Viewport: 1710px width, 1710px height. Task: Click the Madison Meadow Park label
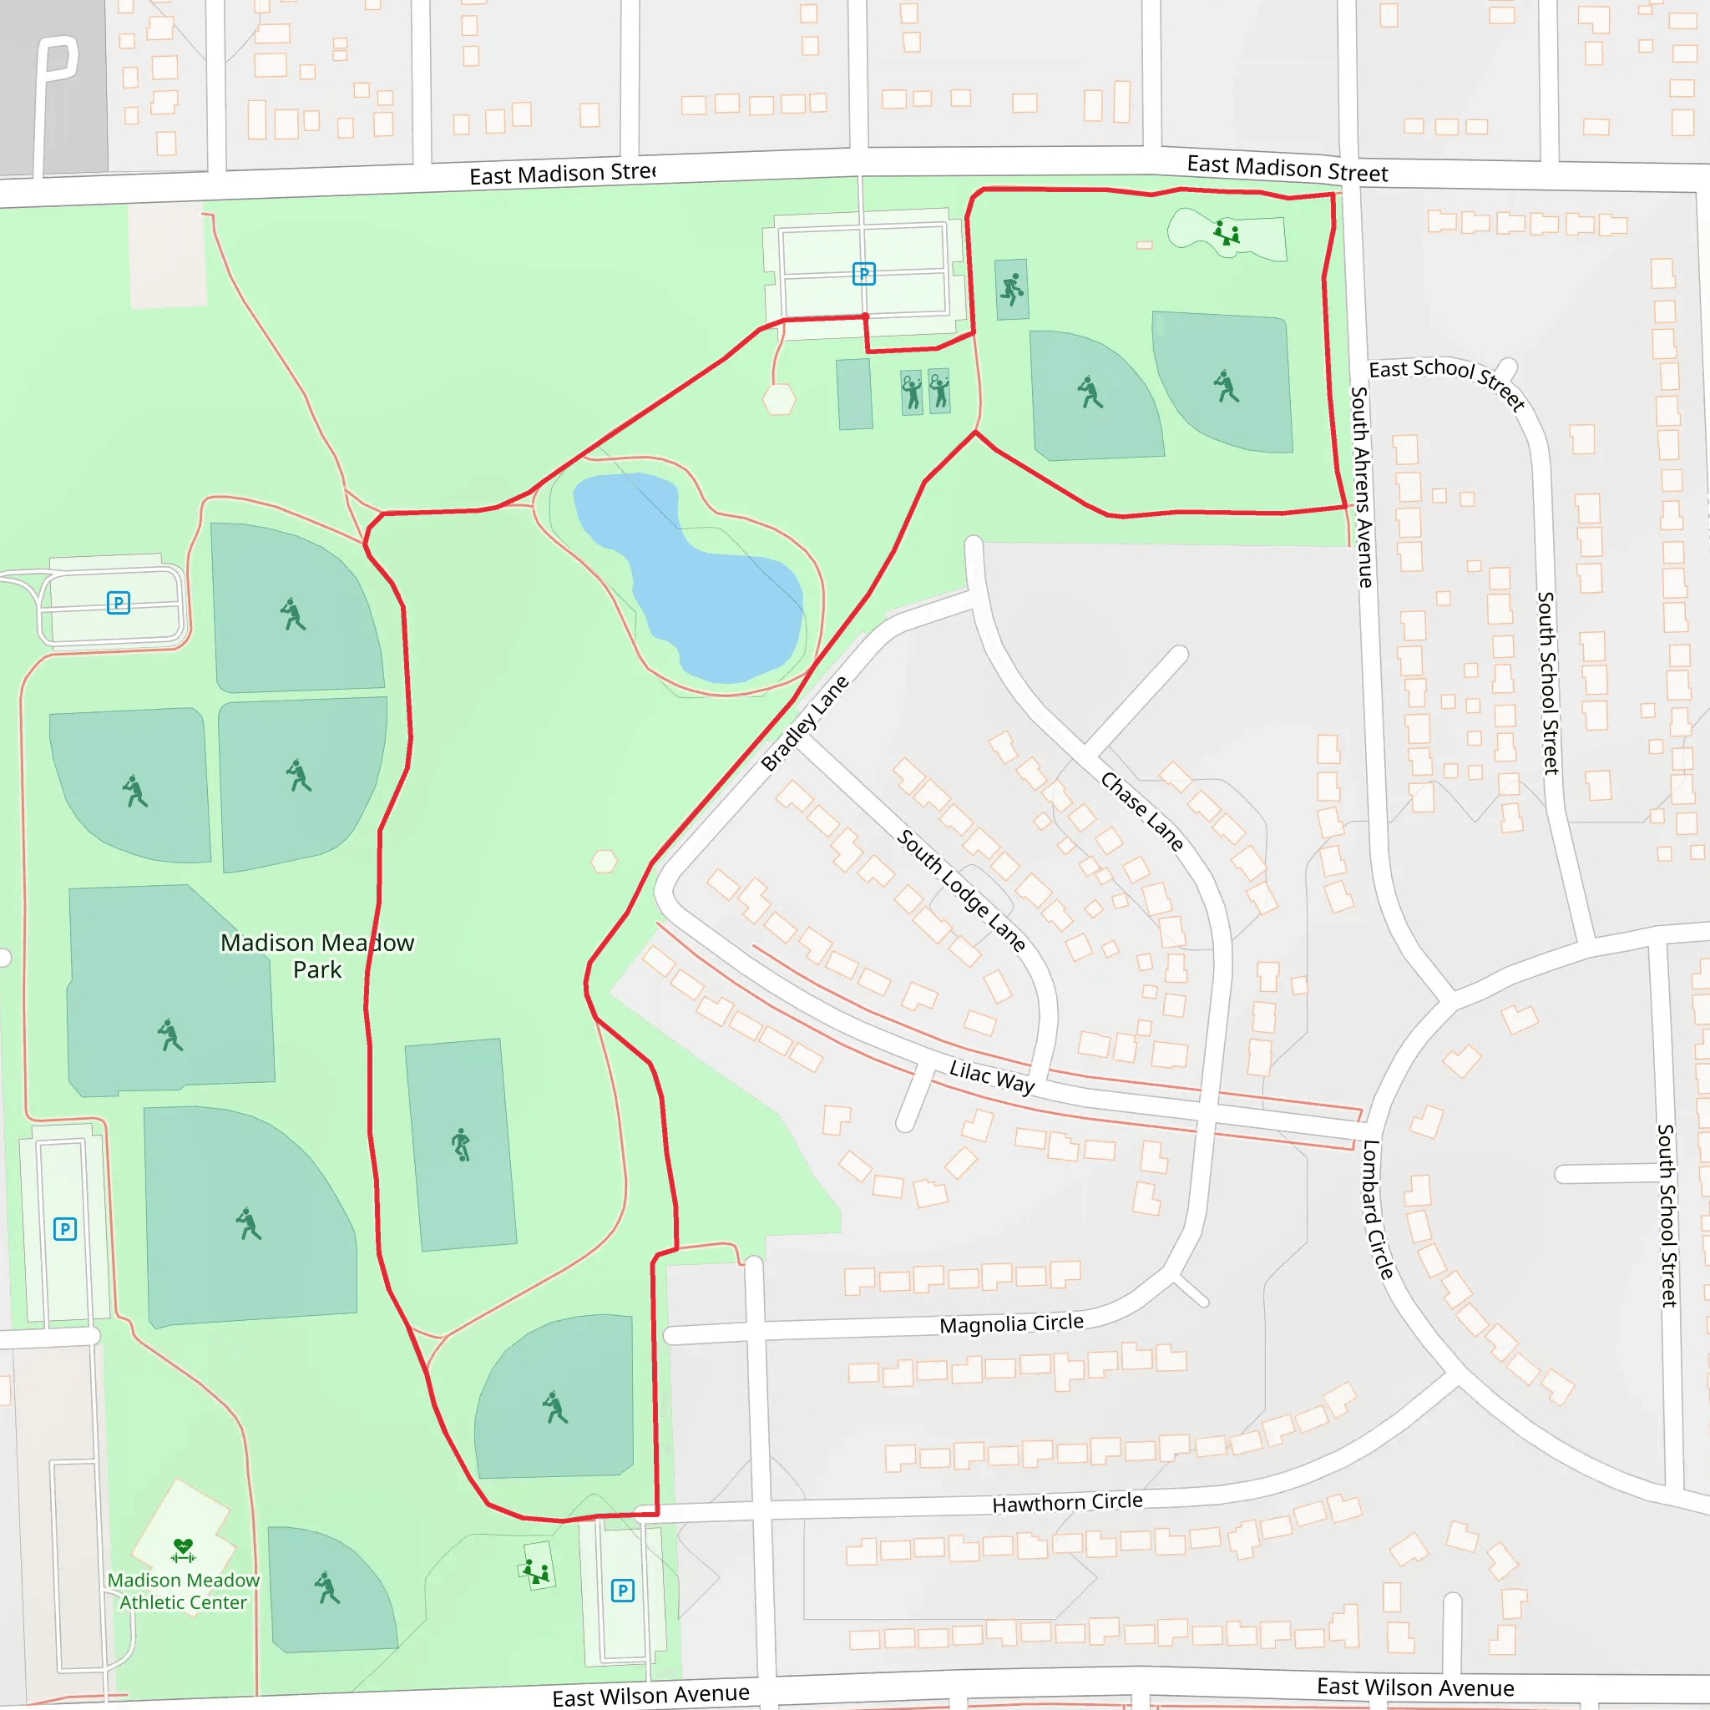point(316,956)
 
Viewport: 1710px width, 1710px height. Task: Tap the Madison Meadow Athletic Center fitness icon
point(183,1549)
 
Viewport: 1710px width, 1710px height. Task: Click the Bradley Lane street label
point(805,723)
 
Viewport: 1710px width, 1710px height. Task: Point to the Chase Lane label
point(1141,811)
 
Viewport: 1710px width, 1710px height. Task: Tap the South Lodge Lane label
point(961,890)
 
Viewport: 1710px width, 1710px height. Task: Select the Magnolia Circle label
point(1011,1324)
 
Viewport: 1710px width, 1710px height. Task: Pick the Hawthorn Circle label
point(1066,1503)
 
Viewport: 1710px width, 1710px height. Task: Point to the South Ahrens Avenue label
point(1361,487)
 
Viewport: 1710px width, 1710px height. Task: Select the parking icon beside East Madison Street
point(864,274)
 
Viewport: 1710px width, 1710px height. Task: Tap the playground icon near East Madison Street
point(1227,233)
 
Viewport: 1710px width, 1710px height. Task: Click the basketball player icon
point(1012,289)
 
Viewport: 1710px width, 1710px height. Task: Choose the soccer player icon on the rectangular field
point(461,1145)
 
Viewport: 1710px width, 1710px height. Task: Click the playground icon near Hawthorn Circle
point(536,1572)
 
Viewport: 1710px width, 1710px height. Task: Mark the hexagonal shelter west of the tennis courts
point(779,399)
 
